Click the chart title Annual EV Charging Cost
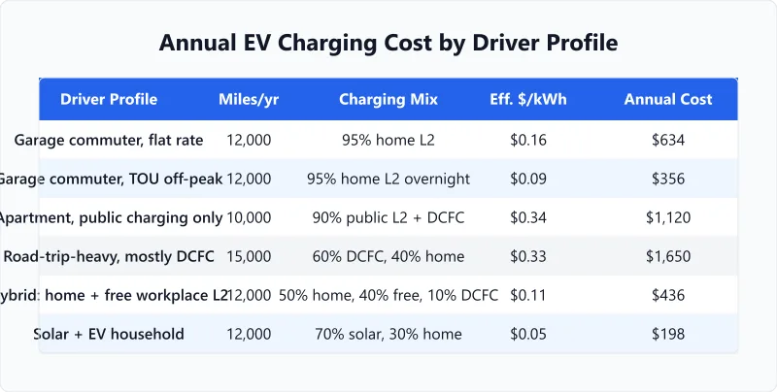[x=388, y=44]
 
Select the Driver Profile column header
[x=109, y=99]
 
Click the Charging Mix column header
[x=388, y=99]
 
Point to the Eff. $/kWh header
[x=528, y=99]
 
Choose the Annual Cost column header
[x=668, y=99]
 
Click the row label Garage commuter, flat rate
[x=109, y=140]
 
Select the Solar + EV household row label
[x=109, y=334]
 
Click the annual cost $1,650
[x=668, y=256]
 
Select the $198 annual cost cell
[x=668, y=334]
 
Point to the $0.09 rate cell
[x=528, y=179]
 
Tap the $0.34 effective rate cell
[x=528, y=217]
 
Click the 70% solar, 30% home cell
[x=388, y=334]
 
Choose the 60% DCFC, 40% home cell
[x=388, y=256]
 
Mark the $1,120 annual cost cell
[x=668, y=217]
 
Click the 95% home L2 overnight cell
[x=388, y=179]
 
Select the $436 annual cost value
[x=668, y=295]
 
